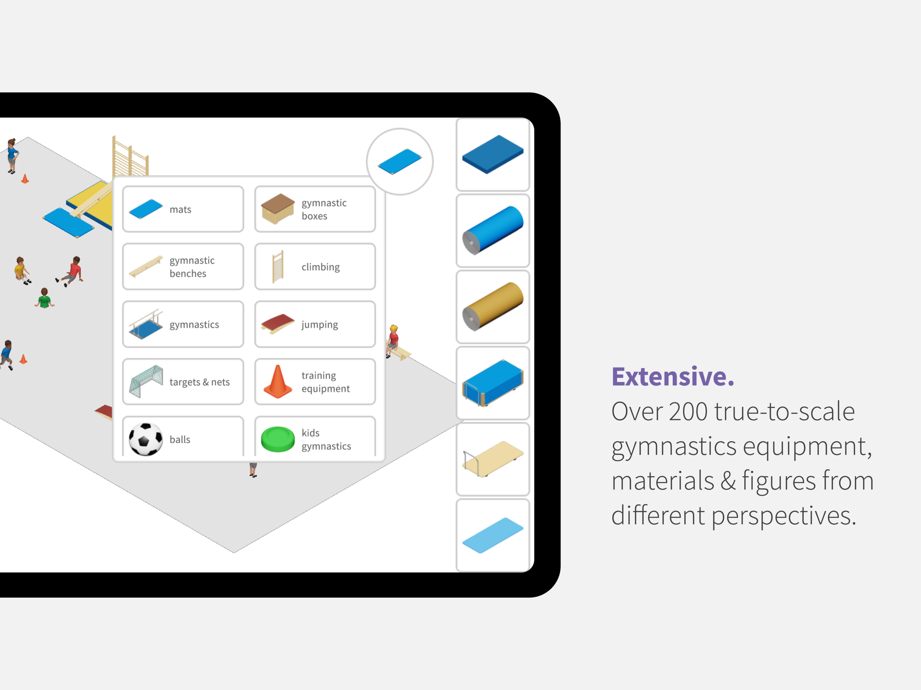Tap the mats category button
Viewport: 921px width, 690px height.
pos(183,209)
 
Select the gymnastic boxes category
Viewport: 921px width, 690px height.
pos(315,209)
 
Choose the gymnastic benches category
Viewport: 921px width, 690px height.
pos(183,266)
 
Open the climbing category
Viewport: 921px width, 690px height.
pos(315,266)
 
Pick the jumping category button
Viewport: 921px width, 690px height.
pos(315,324)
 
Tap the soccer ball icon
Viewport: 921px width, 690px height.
pos(146,439)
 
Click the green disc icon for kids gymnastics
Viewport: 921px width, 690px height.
pos(278,439)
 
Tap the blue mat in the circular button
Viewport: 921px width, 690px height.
pos(400,161)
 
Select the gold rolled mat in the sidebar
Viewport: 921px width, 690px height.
pos(493,306)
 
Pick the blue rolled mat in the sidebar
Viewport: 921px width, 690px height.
pos(493,230)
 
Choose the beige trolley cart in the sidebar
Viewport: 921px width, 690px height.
pos(493,459)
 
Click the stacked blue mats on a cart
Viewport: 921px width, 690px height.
pos(493,383)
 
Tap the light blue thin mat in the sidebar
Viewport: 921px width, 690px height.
pos(493,535)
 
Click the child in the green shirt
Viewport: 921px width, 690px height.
pos(44,298)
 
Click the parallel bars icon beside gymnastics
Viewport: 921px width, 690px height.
pos(146,324)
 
